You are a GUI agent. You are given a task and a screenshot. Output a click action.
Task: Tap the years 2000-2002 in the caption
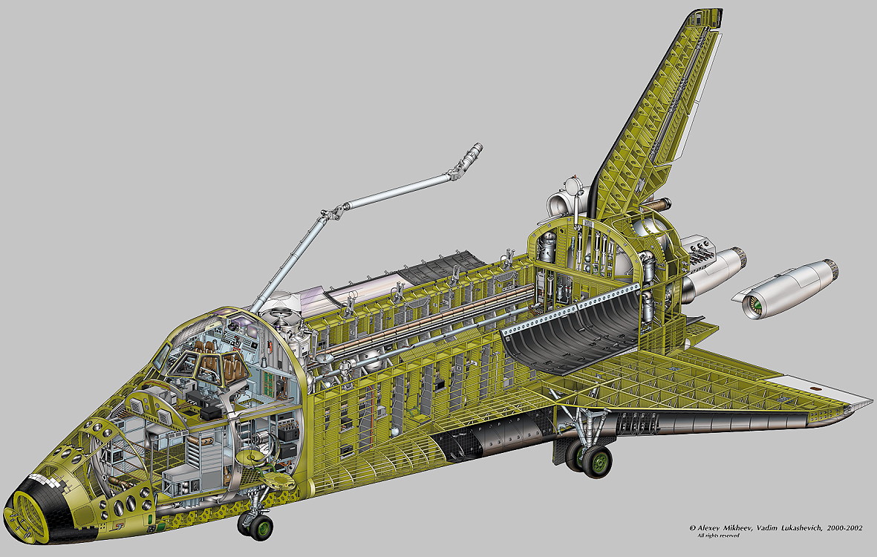[x=844, y=527]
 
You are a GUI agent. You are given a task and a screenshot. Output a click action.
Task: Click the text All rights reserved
[x=718, y=535]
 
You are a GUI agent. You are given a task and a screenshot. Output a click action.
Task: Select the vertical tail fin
[x=654, y=117]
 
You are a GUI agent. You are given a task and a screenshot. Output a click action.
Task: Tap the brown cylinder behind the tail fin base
[x=659, y=205]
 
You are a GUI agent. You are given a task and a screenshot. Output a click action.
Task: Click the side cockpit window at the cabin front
[x=162, y=355]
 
